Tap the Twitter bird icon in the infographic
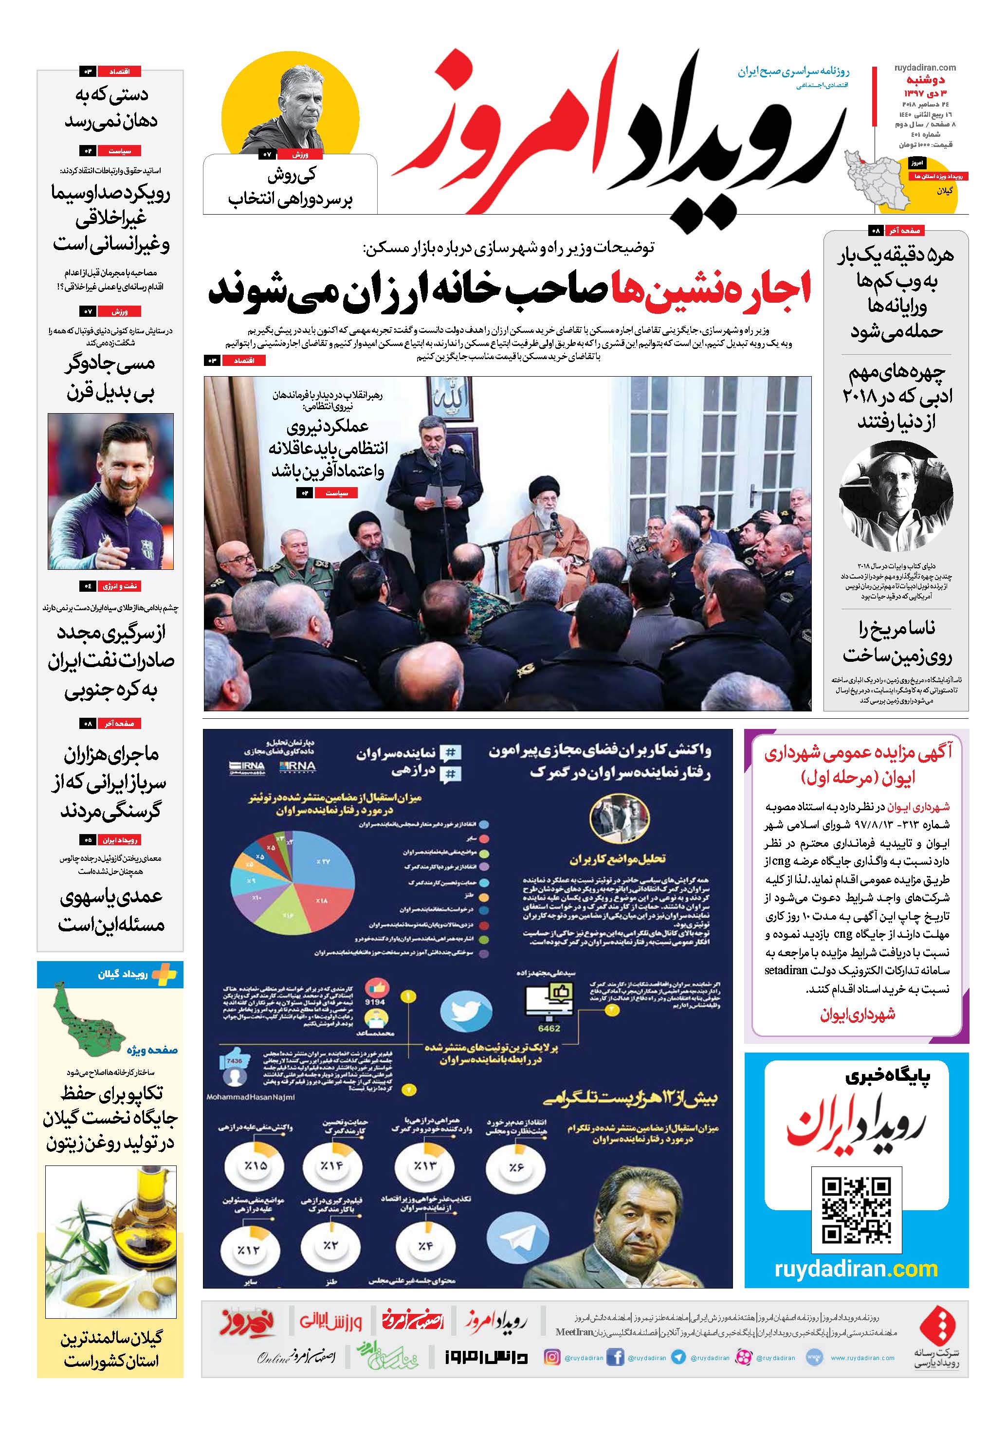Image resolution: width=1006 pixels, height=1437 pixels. click(x=466, y=1010)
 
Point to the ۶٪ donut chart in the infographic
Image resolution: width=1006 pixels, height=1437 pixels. click(x=515, y=1166)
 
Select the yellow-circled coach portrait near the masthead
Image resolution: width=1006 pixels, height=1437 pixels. click(x=292, y=107)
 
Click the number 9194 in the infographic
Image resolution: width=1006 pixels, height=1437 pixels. click(x=374, y=1002)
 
